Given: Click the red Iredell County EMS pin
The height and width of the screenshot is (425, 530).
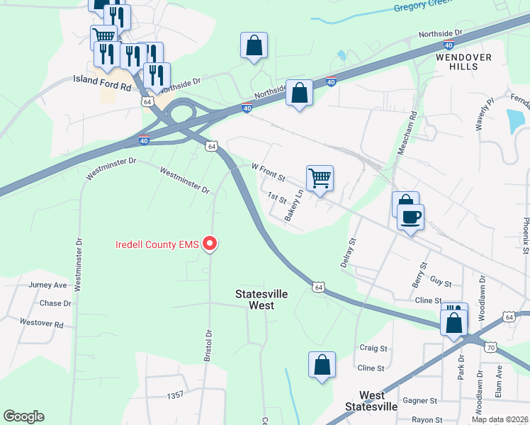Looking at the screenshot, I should tap(210, 244).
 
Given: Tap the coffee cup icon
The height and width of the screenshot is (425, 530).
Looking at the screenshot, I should tap(410, 216).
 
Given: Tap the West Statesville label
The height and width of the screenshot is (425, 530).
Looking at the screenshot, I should tap(372, 401).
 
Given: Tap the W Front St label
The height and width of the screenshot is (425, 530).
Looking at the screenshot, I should tap(268, 171).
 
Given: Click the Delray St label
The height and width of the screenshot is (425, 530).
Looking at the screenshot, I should tap(347, 252).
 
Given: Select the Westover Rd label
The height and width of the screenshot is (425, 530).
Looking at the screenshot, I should tap(42, 324).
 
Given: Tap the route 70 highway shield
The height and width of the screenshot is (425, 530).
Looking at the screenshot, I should tap(491, 347).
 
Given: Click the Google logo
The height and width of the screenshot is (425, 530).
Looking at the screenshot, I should tap(23, 416).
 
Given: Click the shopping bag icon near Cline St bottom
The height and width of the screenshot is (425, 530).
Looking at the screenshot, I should tap(322, 365).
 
